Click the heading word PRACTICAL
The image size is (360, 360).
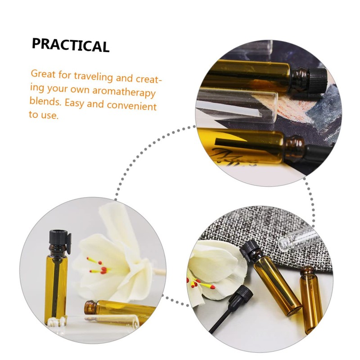(71, 45)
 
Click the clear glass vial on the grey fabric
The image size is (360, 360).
(297, 237)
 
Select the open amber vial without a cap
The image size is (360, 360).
(310, 299)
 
